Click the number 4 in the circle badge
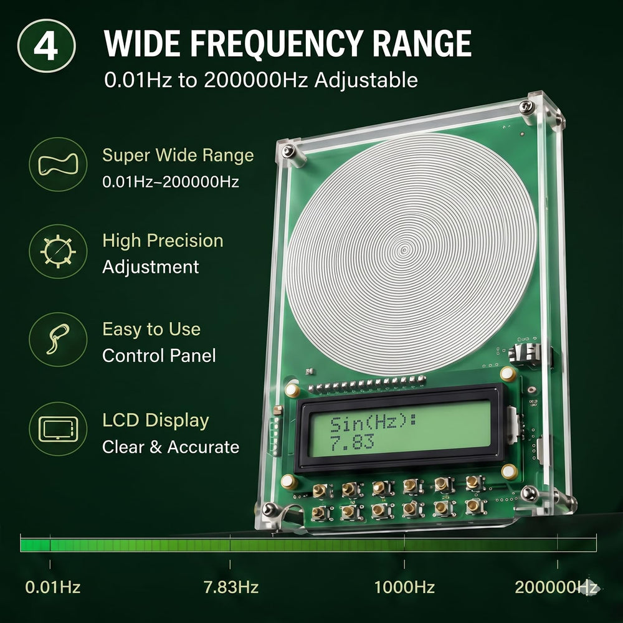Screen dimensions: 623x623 [46, 47]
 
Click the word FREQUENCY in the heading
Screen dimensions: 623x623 [276, 44]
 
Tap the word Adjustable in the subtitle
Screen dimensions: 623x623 [366, 80]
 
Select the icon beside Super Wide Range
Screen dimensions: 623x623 [58, 164]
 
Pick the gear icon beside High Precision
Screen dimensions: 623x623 [58, 251]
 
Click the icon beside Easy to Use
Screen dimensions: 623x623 [58, 340]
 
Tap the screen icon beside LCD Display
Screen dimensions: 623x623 [58, 429]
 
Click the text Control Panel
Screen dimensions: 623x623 [159, 356]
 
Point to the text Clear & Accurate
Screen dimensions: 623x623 [171, 447]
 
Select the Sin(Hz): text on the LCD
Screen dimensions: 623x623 [373, 424]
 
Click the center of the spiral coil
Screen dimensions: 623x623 [404, 250]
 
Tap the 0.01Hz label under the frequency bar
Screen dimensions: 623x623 [53, 587]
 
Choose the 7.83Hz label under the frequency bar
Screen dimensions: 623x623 [231, 587]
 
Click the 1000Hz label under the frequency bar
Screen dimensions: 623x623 [404, 587]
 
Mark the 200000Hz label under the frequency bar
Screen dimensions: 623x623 [556, 587]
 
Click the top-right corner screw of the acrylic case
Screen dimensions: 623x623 [526, 106]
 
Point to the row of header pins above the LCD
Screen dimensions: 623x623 [367, 384]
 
